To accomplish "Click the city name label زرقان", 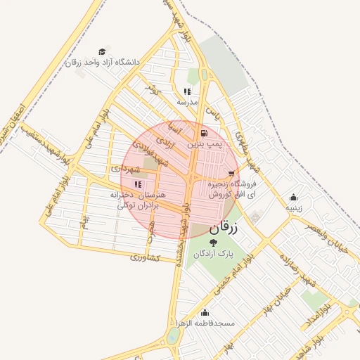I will pos(224,228).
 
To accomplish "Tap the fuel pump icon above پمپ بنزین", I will pos(204,133).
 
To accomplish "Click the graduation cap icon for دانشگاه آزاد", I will pos(102,51).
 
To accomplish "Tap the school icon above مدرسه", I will pos(187,91).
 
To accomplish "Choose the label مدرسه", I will pos(187,102).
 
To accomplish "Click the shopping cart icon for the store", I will pos(231,172).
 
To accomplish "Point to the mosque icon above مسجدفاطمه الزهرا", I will pos(205,313).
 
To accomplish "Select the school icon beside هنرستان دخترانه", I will pos(138,184).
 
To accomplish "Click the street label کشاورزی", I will pos(146,258).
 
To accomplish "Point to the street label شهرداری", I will pos(127,169).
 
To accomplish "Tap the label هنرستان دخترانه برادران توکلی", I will pos(135,199).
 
